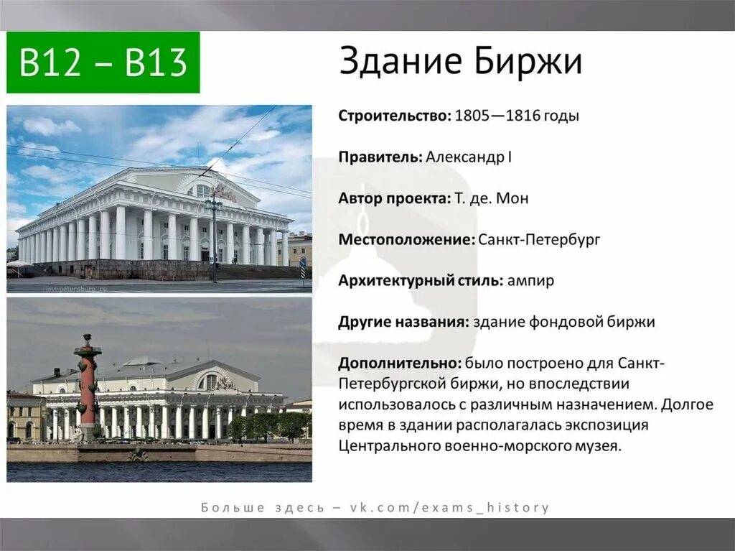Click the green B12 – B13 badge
(x=103, y=62)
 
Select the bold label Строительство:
(x=394, y=116)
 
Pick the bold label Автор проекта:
(x=393, y=198)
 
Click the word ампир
(x=530, y=281)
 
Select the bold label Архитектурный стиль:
(x=421, y=281)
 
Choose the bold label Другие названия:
(x=403, y=322)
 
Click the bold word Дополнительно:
(x=399, y=363)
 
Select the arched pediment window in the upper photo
(x=203, y=191)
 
